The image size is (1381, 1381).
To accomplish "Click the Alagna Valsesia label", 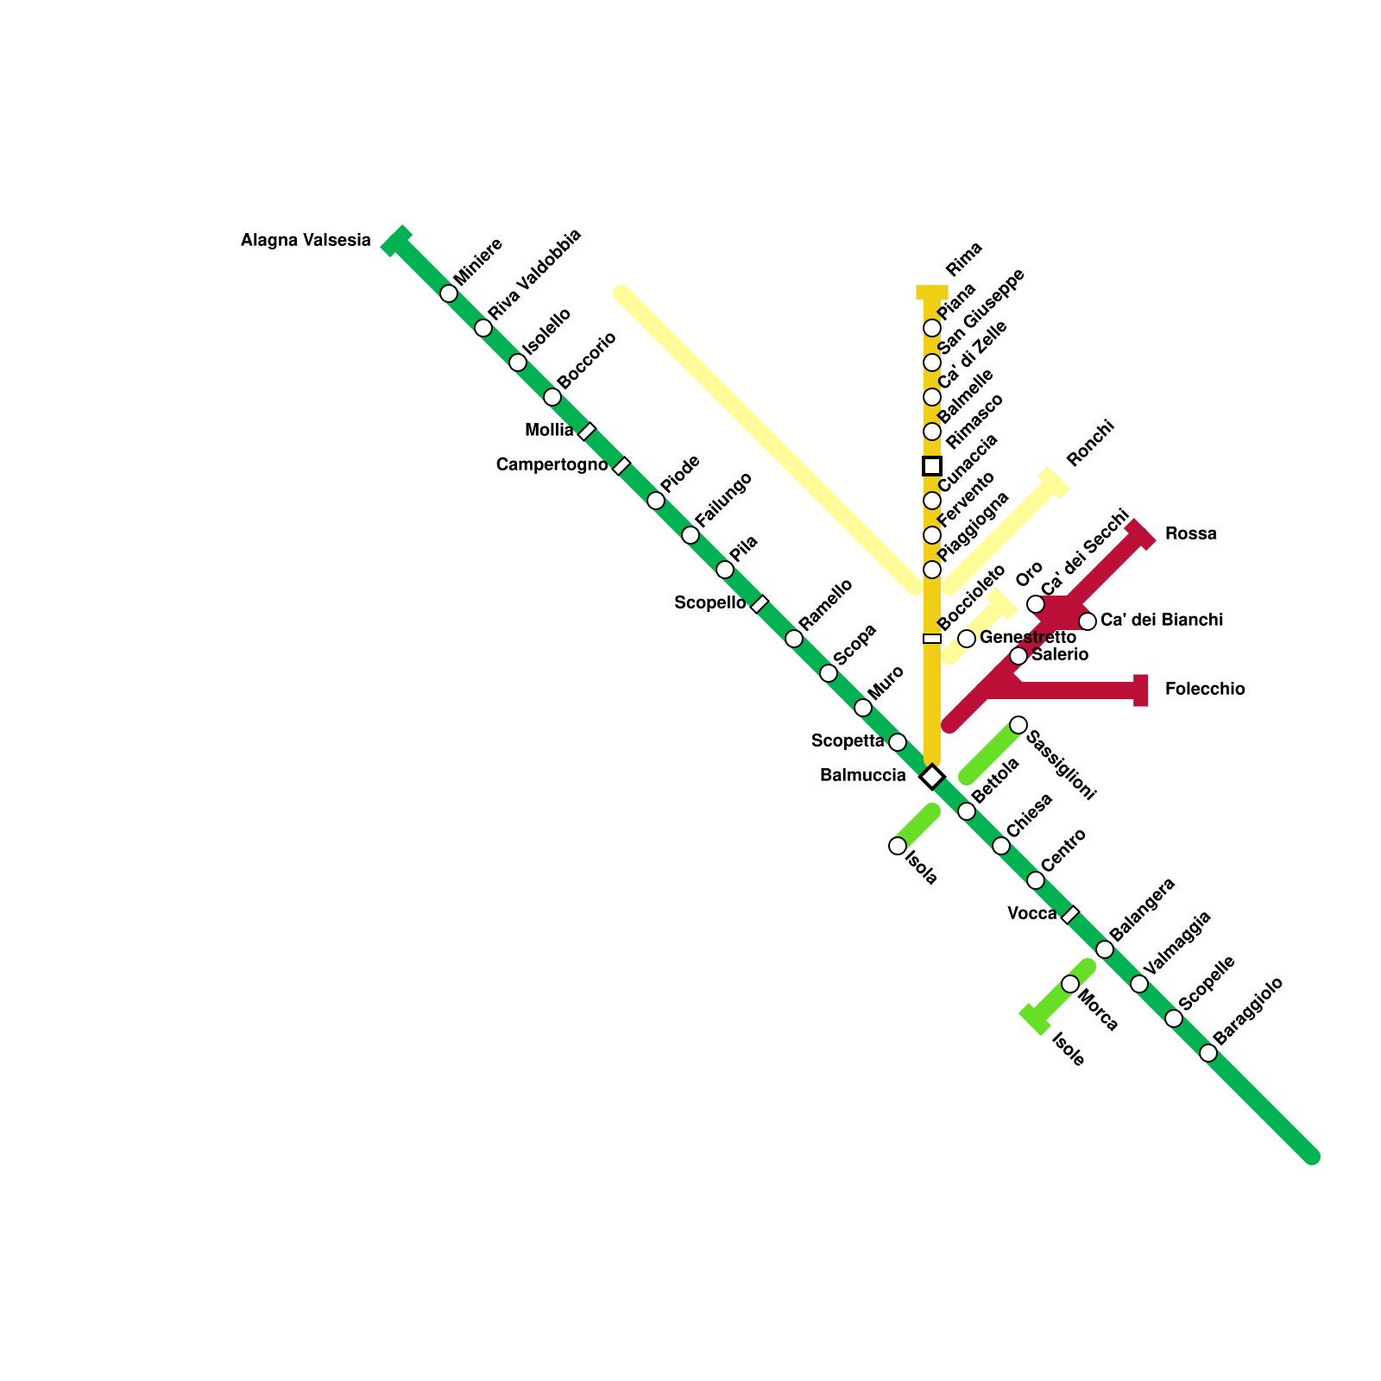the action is (306, 241).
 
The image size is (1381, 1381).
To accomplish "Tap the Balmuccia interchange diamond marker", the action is (932, 777).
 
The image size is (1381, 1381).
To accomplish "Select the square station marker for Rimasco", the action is (932, 466).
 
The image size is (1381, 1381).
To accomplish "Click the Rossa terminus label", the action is (1190, 533).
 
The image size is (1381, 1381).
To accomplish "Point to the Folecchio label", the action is (1204, 689).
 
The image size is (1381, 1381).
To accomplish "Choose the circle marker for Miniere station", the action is (449, 293).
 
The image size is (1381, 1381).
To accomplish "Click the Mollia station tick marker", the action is (587, 432).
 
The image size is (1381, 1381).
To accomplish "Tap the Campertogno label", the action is (552, 465).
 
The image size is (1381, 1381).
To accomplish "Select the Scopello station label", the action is (709, 602).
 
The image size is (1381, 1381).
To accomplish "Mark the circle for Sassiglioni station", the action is (1018, 725).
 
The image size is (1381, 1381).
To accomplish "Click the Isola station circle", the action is (898, 846).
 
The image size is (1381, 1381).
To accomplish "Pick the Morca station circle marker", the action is (1070, 984).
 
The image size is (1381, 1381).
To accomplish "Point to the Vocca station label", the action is (1031, 913).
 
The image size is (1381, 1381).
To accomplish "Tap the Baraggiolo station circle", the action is (1208, 1053).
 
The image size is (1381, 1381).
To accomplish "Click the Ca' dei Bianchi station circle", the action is (1088, 621).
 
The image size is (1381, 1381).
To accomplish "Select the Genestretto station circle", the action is (967, 639).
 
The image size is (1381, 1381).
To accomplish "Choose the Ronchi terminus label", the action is (1090, 445).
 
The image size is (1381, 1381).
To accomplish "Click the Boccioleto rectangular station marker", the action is (932, 639).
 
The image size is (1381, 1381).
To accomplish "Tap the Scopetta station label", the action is (848, 741).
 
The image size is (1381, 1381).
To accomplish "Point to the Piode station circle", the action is (656, 501).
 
